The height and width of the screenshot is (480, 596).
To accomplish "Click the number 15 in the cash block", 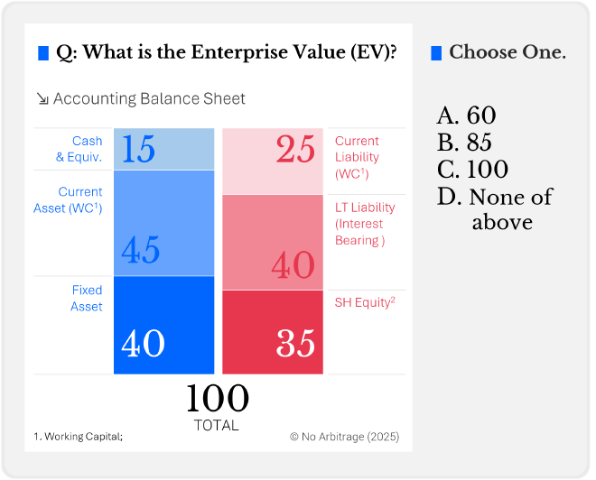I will (138, 149).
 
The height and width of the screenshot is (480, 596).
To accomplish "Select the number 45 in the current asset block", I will (140, 250).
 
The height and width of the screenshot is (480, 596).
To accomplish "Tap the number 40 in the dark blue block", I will (143, 344).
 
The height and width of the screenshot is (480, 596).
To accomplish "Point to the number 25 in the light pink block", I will (295, 150).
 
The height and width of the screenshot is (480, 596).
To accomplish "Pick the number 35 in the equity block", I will (294, 344).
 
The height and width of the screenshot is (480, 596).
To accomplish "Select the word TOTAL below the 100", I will (217, 425).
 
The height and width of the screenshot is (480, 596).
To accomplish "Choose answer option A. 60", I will (466, 115).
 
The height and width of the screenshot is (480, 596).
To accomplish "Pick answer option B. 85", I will (466, 143).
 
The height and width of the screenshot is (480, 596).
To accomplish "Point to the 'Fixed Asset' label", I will (87, 299).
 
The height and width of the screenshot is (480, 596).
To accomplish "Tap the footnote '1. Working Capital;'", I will (78, 437).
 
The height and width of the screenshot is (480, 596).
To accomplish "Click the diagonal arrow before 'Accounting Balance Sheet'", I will (42, 99).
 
